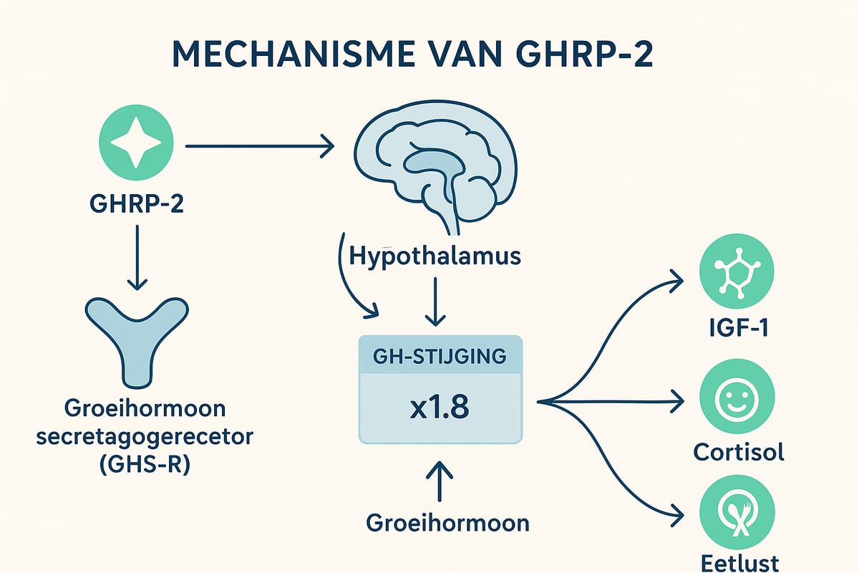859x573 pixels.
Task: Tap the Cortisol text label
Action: pyautogui.click(x=738, y=453)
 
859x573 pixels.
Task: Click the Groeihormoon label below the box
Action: pyautogui.click(x=448, y=522)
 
